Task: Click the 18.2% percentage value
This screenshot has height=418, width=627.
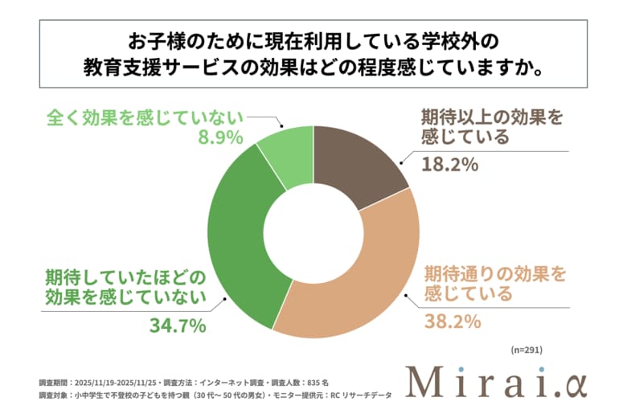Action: (x=450, y=165)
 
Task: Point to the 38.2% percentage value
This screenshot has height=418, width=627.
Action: (x=453, y=322)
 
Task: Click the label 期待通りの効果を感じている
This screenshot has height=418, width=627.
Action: (x=494, y=283)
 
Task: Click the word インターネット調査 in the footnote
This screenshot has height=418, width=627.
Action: (x=233, y=381)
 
